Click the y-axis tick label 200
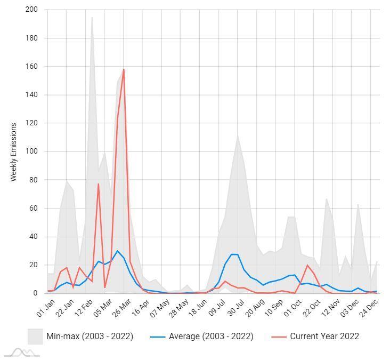(x=31, y=10)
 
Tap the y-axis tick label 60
(x=33, y=208)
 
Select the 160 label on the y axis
(x=31, y=66)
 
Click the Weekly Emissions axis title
(x=14, y=152)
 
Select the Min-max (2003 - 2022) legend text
(x=90, y=337)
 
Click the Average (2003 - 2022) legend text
(x=211, y=337)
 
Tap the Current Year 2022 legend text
(x=324, y=337)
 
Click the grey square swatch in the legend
(x=35, y=337)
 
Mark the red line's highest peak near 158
(x=124, y=69)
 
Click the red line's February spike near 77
(x=99, y=184)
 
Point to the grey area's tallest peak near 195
(x=92, y=18)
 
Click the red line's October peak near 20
(x=307, y=265)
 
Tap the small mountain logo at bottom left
(x=22, y=353)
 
